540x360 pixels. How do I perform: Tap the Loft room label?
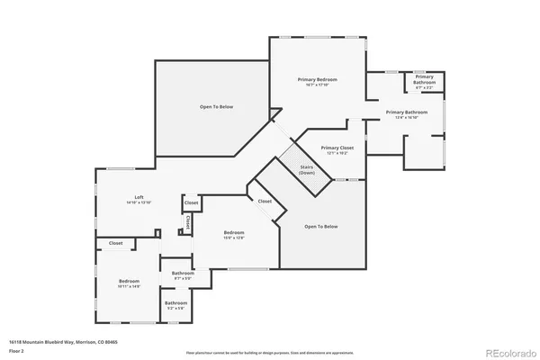click(139, 197)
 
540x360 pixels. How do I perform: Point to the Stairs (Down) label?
click(307, 168)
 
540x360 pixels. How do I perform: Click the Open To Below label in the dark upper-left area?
click(216, 107)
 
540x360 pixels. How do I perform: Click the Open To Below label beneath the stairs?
click(321, 226)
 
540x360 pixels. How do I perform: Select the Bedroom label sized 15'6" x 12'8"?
click(234, 235)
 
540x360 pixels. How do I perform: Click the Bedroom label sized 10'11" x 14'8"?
click(129, 283)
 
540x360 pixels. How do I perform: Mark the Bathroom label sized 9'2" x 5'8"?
click(175, 303)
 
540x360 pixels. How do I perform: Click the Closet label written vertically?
click(187, 220)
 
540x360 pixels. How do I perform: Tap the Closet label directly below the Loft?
click(116, 243)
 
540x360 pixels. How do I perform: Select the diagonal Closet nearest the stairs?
click(265, 202)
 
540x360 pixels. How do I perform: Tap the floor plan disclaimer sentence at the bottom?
click(270, 352)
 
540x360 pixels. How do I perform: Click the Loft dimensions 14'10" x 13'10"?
click(139, 203)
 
